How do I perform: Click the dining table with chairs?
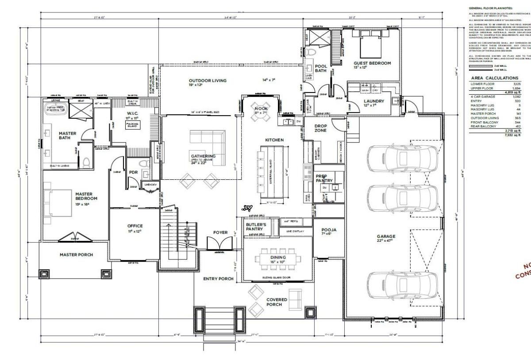[x=278, y=259]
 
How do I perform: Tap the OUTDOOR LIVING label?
[x=208, y=83]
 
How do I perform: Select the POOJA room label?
[x=328, y=232]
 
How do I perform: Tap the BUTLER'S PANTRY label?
[x=255, y=227]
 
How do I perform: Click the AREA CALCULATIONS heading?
[x=494, y=78]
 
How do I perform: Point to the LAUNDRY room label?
[x=373, y=103]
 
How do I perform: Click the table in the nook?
[x=259, y=108]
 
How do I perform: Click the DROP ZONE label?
[x=320, y=128]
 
